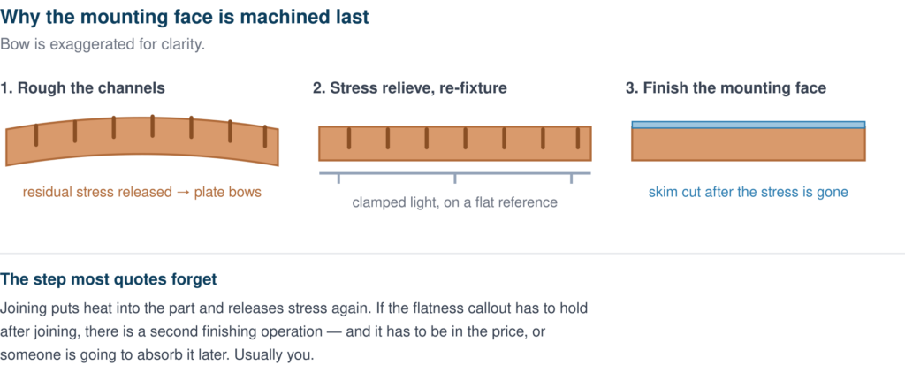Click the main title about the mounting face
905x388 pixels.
click(x=185, y=18)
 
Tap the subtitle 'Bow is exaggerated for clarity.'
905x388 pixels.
click(x=103, y=44)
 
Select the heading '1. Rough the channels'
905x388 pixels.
click(x=82, y=88)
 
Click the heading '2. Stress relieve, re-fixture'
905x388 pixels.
click(x=410, y=88)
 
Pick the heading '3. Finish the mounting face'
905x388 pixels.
click(x=726, y=88)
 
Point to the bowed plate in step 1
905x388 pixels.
click(x=142, y=141)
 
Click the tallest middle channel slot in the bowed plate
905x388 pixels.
click(x=152, y=126)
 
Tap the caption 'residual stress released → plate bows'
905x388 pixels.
click(x=142, y=193)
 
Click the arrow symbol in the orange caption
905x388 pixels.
click(x=183, y=193)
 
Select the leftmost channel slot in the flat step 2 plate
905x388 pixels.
click(x=348, y=139)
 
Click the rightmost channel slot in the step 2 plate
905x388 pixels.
click(x=578, y=139)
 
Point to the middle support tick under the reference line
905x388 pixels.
click(x=455, y=179)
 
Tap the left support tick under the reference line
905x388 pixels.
click(x=338, y=179)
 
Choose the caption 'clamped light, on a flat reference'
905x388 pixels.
click(x=455, y=202)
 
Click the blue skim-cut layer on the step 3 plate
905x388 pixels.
click(x=749, y=125)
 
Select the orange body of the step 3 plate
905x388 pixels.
click(x=749, y=144)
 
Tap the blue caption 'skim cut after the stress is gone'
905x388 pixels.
click(x=749, y=193)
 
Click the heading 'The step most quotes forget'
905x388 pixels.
click(x=109, y=279)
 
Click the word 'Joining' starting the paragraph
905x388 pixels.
click(x=21, y=308)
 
